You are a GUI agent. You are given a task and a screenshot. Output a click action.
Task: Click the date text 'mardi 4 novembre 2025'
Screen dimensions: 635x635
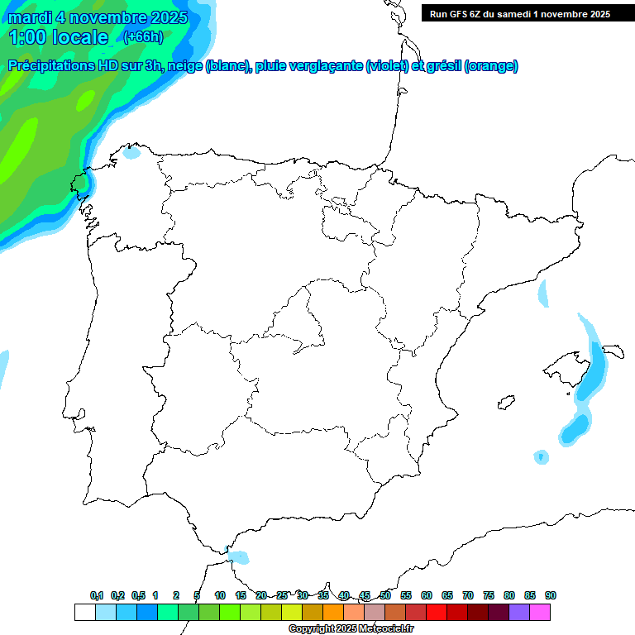point(98,17)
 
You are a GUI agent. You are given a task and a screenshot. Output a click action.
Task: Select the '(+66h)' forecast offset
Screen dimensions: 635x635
point(143,36)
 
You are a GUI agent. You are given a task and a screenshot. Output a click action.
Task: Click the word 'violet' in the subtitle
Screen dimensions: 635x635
point(385,66)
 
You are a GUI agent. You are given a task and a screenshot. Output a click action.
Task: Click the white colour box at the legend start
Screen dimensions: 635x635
point(84,612)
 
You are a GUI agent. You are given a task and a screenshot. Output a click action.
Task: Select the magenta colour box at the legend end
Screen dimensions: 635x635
point(540,612)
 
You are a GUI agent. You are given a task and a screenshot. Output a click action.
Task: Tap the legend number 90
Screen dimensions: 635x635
point(551,595)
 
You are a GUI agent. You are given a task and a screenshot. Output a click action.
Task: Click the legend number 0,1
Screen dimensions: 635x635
point(97,595)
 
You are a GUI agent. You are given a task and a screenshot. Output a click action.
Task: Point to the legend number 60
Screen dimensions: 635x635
point(427,595)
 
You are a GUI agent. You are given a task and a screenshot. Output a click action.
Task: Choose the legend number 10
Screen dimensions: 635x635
point(220,595)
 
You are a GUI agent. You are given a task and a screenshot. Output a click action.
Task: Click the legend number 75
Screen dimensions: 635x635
point(489,595)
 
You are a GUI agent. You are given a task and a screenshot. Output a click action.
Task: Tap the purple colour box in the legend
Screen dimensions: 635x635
point(519,612)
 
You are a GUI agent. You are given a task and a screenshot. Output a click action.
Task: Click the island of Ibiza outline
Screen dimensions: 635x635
point(502,403)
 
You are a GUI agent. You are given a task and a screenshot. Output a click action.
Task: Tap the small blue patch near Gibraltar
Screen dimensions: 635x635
point(239,557)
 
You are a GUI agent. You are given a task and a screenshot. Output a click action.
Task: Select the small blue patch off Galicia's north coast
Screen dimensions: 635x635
point(132,152)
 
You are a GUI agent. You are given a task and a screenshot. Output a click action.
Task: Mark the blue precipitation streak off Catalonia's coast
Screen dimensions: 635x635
point(543,294)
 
